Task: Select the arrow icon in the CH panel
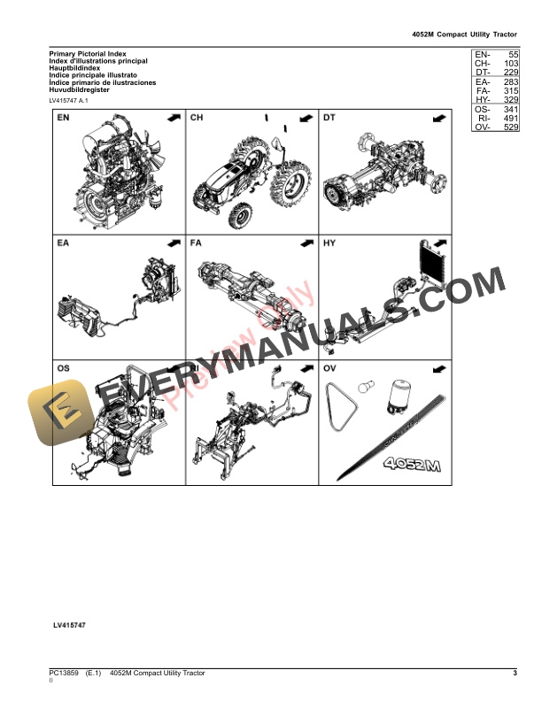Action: point(306,118)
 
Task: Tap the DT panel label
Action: point(329,118)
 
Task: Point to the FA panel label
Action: point(197,242)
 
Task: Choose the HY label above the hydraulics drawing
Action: point(329,242)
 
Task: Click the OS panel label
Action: point(64,366)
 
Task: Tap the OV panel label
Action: point(329,366)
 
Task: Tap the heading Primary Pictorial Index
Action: point(88,54)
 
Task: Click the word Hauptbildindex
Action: point(74,68)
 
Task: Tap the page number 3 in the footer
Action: point(515,674)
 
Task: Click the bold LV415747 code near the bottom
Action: point(69,626)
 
